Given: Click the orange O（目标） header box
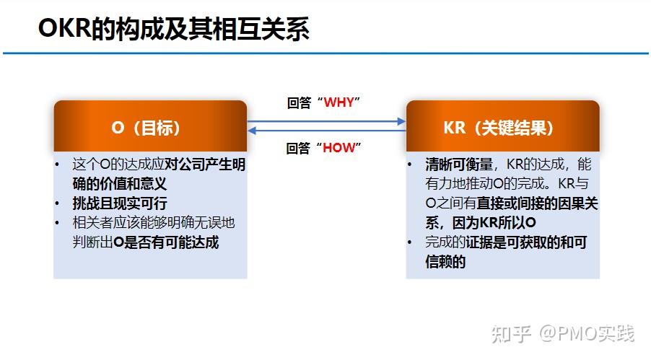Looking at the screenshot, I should pos(150,128).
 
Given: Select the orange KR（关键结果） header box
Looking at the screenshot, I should pos(502,128).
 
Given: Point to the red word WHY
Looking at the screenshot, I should pos(339,102).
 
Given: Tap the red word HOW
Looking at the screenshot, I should pos(339,148).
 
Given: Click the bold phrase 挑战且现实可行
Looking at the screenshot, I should pos(120,203).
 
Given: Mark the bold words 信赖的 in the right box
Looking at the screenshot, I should pos(445,262).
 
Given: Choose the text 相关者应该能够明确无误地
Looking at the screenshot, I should pos(153,223).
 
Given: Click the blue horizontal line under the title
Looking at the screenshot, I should pos(325,53).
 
